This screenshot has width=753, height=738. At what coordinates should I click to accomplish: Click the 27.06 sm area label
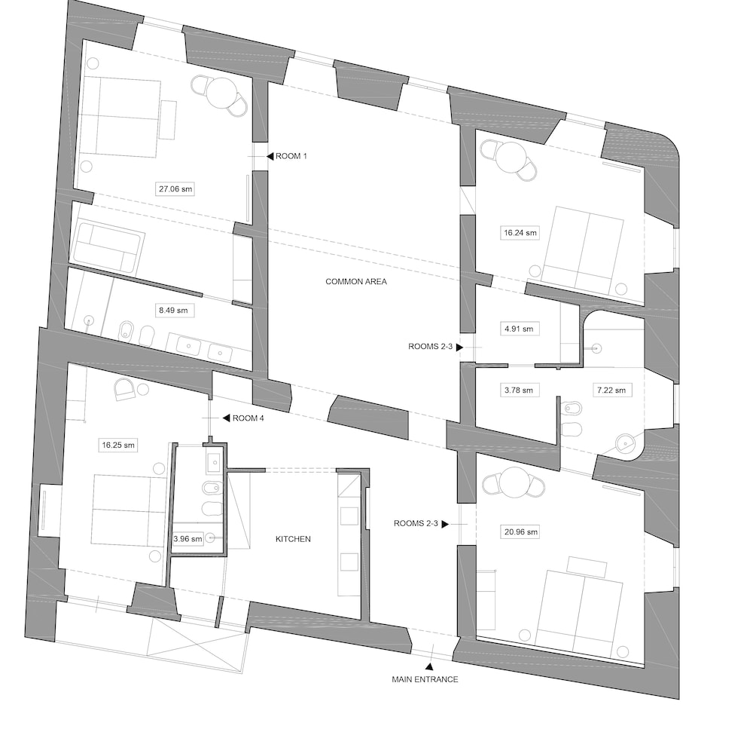(x=175, y=189)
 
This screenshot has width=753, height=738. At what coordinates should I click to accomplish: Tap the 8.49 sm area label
(x=173, y=310)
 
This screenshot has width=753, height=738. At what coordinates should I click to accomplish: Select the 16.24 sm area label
(x=520, y=233)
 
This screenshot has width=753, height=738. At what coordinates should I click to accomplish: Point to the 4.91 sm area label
(x=519, y=329)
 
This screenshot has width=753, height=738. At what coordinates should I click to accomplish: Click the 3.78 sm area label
(x=519, y=390)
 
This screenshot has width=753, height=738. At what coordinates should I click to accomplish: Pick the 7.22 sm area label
(x=611, y=390)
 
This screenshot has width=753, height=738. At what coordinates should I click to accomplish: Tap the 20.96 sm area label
(x=521, y=531)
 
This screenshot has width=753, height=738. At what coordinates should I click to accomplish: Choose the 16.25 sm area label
(x=118, y=446)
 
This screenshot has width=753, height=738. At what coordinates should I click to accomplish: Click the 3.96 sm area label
(x=187, y=538)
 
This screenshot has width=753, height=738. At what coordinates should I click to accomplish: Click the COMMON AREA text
(x=356, y=281)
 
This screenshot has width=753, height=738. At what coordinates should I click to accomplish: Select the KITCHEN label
(x=293, y=539)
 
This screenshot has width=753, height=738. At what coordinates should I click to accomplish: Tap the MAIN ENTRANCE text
(x=425, y=679)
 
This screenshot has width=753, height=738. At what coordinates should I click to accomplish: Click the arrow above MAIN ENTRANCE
(x=429, y=666)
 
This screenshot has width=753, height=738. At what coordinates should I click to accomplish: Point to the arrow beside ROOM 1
(x=270, y=156)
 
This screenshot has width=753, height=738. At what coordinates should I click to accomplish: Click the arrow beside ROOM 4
(x=226, y=418)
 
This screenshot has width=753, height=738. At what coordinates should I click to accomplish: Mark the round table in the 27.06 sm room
(x=221, y=92)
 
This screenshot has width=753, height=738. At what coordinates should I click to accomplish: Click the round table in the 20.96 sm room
(x=514, y=482)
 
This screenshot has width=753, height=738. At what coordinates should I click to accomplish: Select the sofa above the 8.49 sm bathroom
(x=106, y=247)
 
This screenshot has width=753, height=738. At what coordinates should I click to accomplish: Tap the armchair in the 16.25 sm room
(x=124, y=388)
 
